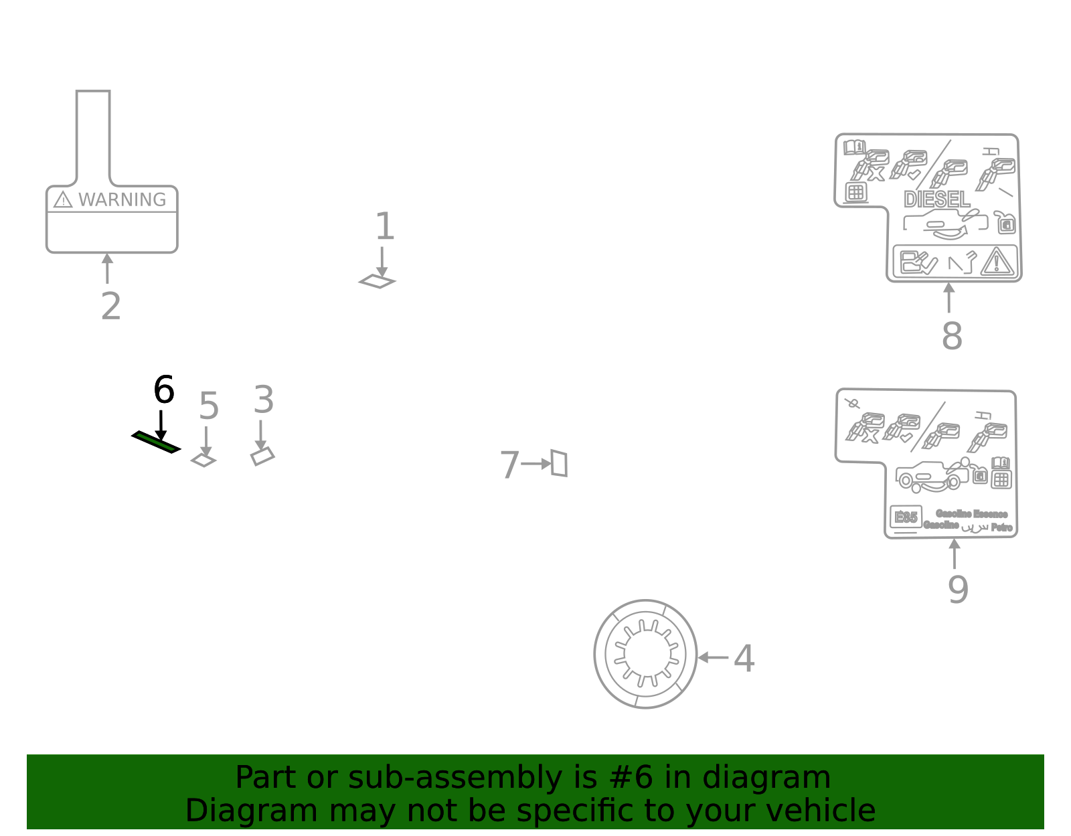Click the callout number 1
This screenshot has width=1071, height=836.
[384, 227]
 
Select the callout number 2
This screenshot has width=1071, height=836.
[110, 307]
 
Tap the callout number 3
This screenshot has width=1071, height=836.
[263, 400]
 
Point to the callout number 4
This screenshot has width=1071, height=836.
[744, 659]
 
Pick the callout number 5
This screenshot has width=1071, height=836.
[208, 406]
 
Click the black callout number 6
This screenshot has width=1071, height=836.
[163, 390]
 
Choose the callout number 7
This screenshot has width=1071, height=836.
[509, 465]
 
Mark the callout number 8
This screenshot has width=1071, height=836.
[951, 336]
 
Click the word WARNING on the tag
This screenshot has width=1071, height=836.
[122, 200]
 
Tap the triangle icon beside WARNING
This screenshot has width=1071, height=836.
[63, 200]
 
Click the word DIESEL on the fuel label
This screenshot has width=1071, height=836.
[936, 199]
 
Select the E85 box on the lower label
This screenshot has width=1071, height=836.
[906, 517]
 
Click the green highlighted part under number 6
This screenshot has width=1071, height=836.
[156, 442]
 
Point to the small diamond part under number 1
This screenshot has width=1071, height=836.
[378, 282]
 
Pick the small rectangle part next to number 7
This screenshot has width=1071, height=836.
[560, 463]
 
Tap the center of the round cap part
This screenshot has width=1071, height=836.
[646, 654]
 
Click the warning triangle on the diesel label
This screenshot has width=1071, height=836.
[997, 262]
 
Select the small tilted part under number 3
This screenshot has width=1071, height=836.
[262, 457]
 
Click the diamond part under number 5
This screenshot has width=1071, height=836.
[203, 461]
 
